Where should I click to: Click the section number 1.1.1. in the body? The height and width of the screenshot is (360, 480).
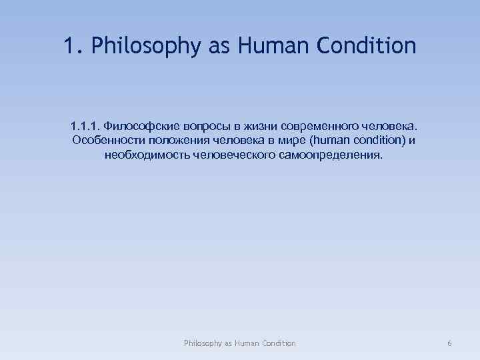[85, 126]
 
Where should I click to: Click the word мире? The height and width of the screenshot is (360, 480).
[277, 141]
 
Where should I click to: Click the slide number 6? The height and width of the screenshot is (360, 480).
[449, 343]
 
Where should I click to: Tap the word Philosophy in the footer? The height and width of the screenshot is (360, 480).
[203, 343]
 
